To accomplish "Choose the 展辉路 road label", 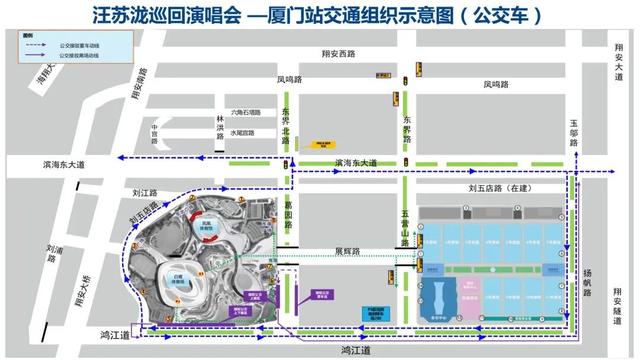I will pos(347,252).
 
